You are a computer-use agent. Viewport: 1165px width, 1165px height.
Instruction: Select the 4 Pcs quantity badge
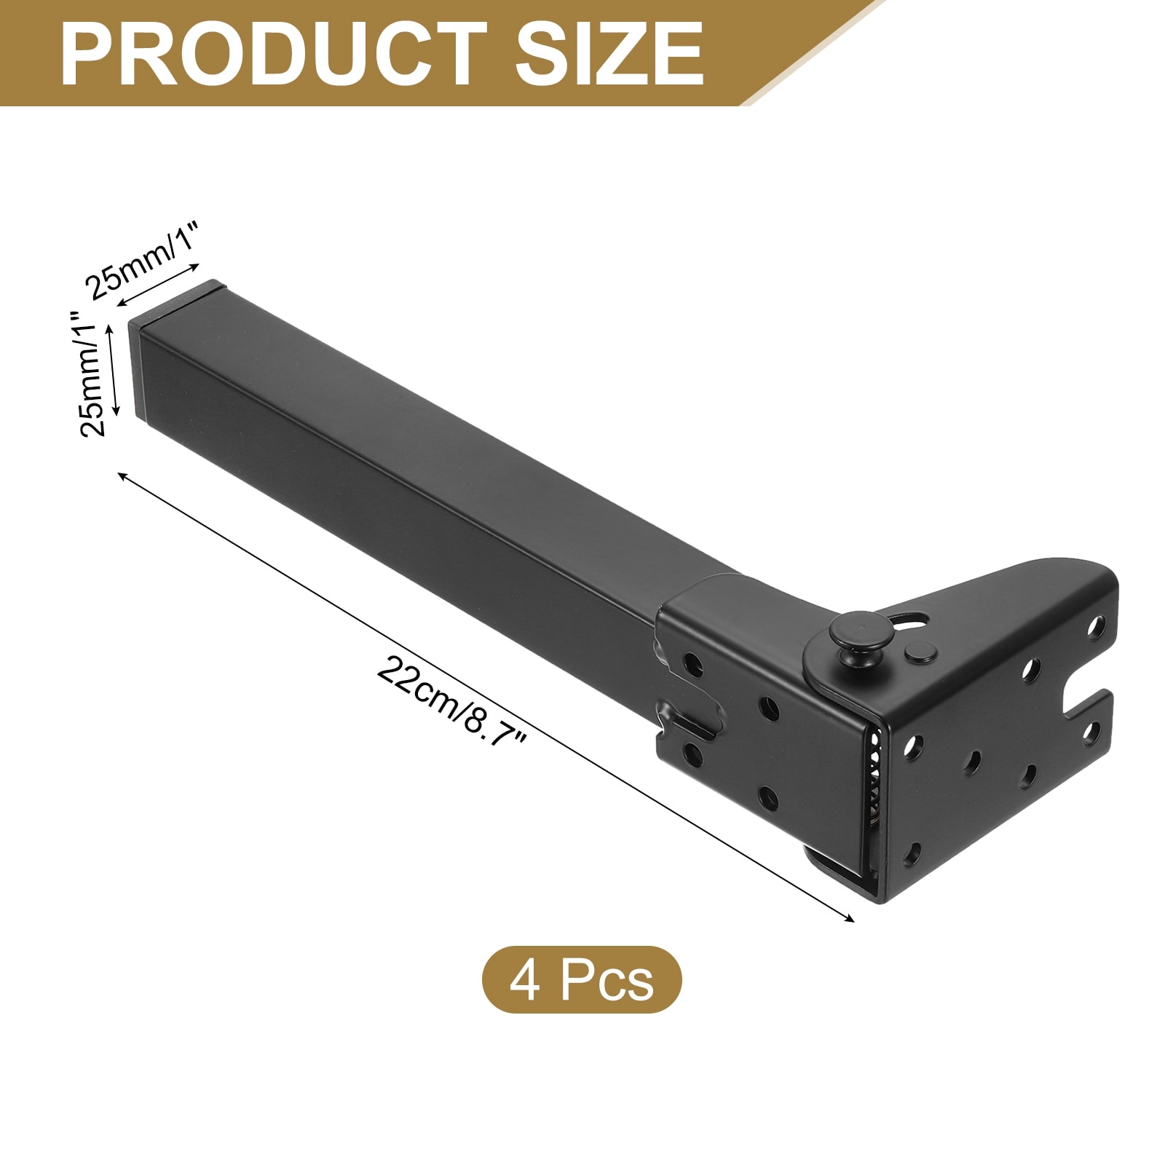(x=582, y=979)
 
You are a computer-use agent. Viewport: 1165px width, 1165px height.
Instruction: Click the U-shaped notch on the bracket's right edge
(x=1085, y=702)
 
